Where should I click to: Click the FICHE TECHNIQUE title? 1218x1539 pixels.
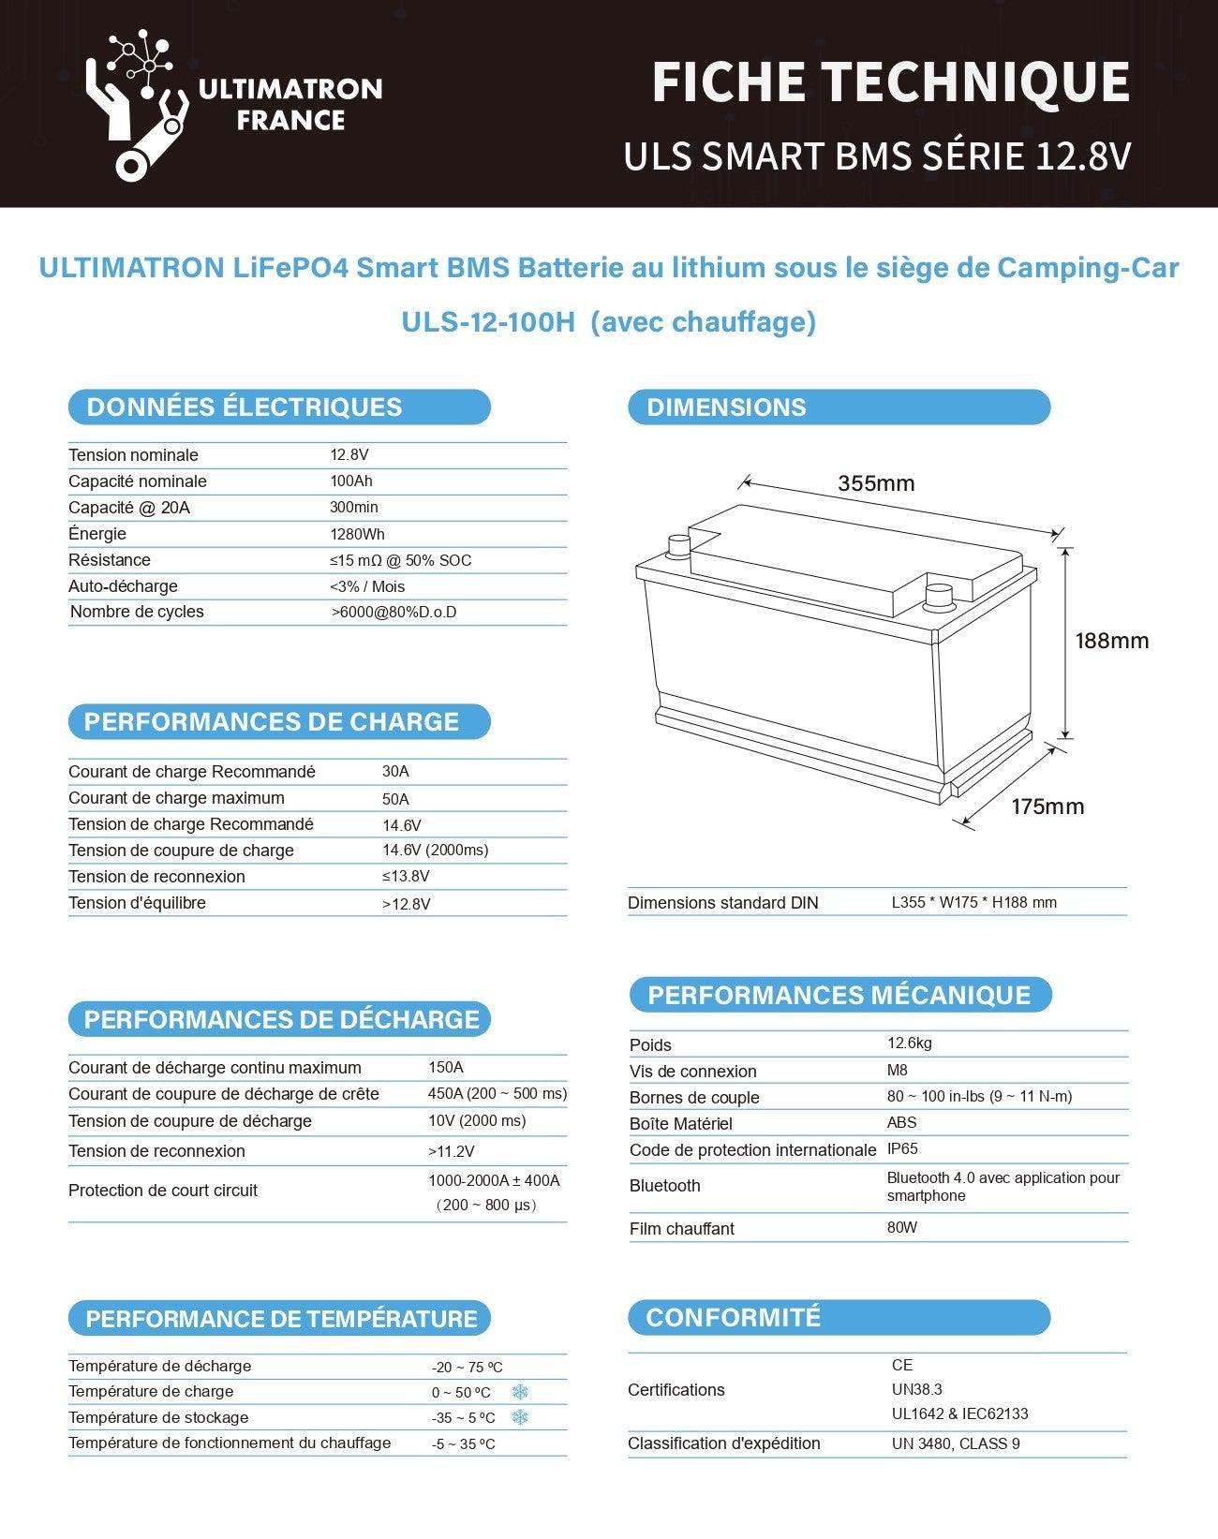[890, 82]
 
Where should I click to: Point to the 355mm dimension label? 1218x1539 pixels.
[876, 483]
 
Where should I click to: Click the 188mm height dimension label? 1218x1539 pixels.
[1111, 641]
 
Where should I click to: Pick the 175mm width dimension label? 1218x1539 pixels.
[1047, 806]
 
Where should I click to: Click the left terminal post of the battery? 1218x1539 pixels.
[676, 546]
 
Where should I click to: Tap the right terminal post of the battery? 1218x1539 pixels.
[938, 597]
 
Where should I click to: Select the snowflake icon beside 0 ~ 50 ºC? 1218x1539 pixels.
[520, 1392]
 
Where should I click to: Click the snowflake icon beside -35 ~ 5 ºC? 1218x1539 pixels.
[520, 1417]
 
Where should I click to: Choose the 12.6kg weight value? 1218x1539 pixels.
[910, 1043]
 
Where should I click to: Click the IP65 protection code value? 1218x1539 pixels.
[902, 1148]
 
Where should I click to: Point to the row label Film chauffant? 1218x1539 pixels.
[681, 1228]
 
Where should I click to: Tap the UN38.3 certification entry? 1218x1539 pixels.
[917, 1389]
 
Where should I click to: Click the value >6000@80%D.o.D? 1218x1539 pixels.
[394, 612]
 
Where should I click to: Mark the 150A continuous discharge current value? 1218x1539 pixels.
[446, 1067]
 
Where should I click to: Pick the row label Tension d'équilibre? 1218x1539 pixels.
[137, 903]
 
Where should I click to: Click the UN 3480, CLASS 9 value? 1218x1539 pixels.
[956, 1443]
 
